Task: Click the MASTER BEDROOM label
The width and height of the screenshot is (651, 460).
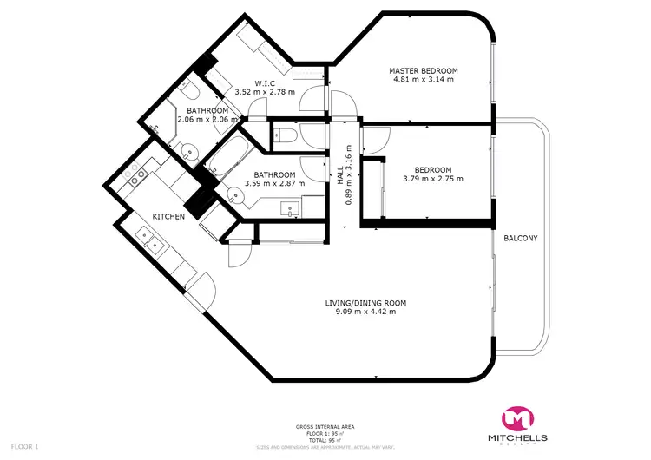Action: point(423,70)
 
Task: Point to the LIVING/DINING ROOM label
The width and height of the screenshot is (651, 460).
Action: point(365,303)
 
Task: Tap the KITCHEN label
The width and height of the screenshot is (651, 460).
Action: point(168,216)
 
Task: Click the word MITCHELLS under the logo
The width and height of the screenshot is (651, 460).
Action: point(520,436)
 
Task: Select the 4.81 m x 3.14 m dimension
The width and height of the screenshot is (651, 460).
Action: point(423,80)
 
